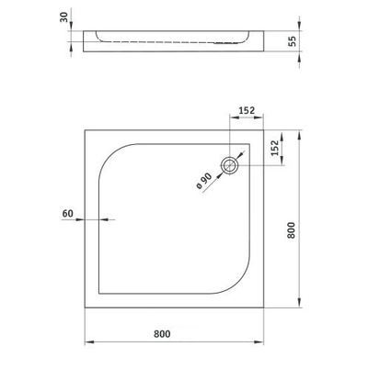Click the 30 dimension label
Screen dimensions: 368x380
tap(63, 17)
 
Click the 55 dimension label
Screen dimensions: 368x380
tap(293, 41)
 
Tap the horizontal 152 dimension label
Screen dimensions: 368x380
tap(247, 110)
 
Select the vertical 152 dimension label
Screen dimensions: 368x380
tap(275, 148)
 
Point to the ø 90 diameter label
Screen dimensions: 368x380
tap(203, 181)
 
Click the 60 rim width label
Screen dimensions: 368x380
tap(68, 213)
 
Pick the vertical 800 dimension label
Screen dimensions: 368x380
tap(292, 230)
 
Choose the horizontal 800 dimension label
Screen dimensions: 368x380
tap(162, 334)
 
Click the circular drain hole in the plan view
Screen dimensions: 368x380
tap(229, 165)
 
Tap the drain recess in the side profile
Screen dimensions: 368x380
tap(226, 43)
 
